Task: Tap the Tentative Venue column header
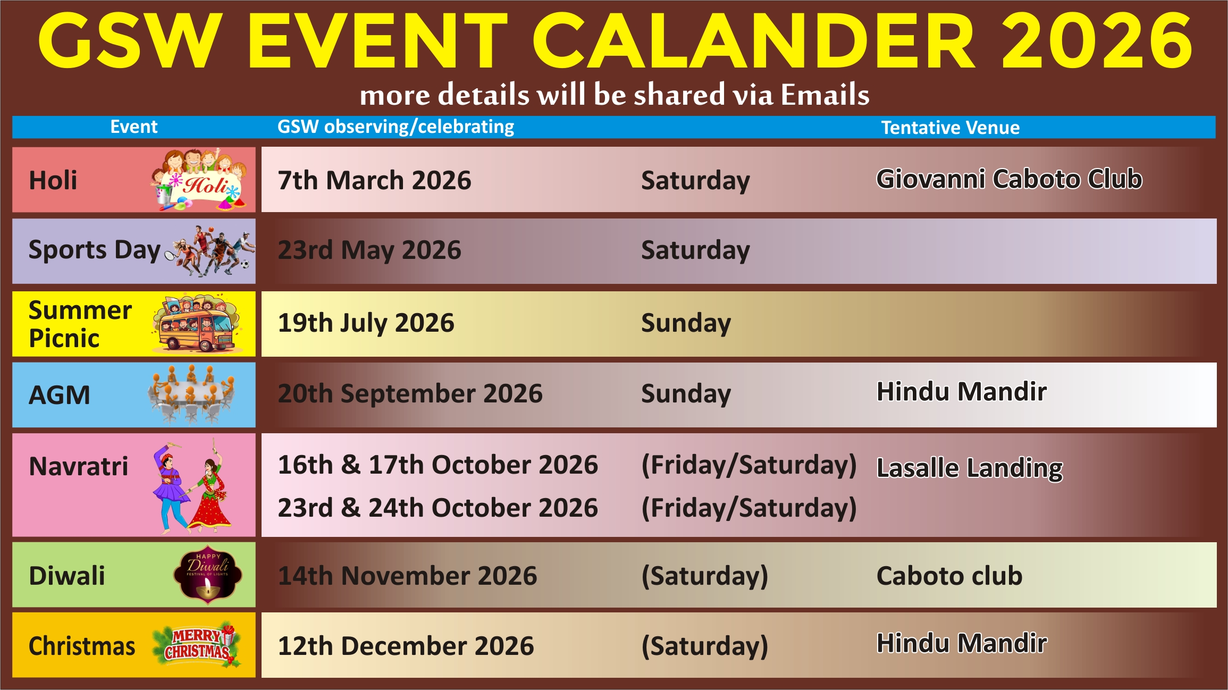(x=951, y=128)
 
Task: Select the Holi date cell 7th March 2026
(x=374, y=180)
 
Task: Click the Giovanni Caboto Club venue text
(x=1009, y=179)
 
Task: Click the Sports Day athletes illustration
(x=211, y=250)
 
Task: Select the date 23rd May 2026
(x=369, y=250)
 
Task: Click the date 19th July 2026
(x=366, y=323)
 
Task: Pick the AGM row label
(x=60, y=395)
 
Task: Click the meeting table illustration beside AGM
(x=191, y=394)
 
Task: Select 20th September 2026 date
(x=410, y=394)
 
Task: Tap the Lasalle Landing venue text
(x=969, y=468)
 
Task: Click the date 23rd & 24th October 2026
(x=438, y=508)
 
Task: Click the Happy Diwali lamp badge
(x=208, y=575)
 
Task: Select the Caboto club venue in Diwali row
(x=949, y=576)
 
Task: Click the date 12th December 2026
(x=406, y=646)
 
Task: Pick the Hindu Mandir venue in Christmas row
(x=962, y=643)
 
